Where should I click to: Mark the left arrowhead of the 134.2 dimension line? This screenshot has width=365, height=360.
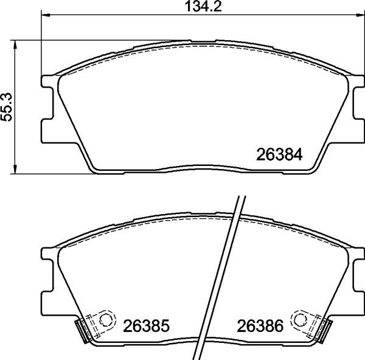pyautogui.click(x=43, y=19)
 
